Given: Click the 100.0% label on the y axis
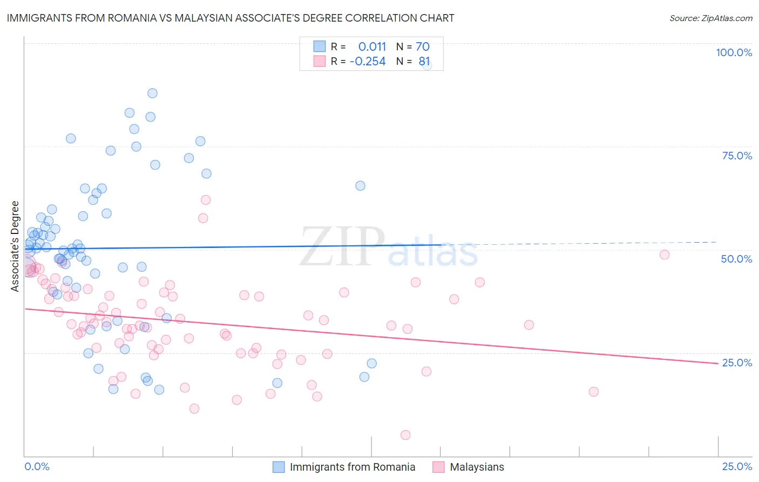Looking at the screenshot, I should (734, 52).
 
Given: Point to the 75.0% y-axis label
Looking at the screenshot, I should (737, 156).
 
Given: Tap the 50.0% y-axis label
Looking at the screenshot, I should (736, 259).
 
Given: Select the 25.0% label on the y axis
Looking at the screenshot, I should (737, 363).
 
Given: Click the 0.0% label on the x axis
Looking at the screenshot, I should (37, 466).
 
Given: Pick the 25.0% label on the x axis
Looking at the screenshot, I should (737, 466).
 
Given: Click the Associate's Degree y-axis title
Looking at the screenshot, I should (15, 246).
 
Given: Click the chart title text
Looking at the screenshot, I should (231, 18).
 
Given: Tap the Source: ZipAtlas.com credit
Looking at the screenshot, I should (710, 18).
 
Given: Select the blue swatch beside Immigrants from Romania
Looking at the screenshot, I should (279, 467).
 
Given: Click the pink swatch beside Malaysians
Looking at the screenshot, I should (438, 467).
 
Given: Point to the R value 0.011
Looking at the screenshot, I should (372, 47).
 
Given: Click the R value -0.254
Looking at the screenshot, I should (368, 62).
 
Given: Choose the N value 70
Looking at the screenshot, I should (422, 47).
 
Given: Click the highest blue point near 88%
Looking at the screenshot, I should (152, 93).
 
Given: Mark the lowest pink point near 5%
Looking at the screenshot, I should (405, 435).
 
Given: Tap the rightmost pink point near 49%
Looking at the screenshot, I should (665, 255).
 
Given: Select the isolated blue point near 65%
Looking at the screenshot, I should (360, 186).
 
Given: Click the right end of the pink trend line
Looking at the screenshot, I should (718, 363).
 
